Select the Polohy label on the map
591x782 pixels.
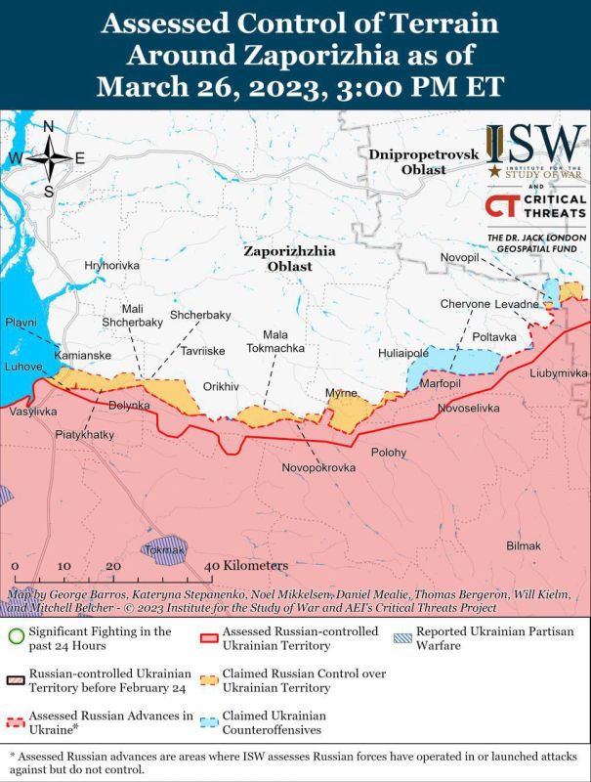(x=389, y=453)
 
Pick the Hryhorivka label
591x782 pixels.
(x=112, y=266)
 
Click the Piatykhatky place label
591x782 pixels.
(x=85, y=433)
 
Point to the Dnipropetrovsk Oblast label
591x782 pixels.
(x=408, y=162)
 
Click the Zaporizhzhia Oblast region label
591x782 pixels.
(x=289, y=258)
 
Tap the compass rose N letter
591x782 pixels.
(x=48, y=125)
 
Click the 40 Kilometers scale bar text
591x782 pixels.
(x=249, y=566)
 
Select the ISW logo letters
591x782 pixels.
(x=535, y=145)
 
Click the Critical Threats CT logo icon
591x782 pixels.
(x=501, y=207)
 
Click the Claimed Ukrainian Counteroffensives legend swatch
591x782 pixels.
(x=206, y=722)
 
